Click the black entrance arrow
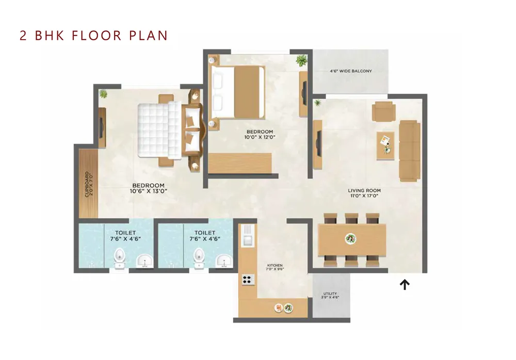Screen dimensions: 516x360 coord(405,285)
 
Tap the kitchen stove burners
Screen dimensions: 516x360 coord(249,280)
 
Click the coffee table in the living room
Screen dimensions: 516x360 coord(385,146)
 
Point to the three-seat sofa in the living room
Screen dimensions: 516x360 coord(409,151)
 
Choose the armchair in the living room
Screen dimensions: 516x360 coord(384,111)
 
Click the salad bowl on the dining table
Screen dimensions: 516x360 coord(351,239)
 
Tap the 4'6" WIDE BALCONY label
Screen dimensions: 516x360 coord(351,71)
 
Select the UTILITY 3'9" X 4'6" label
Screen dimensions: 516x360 coord(330,296)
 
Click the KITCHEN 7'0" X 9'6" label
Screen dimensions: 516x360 coord(275,267)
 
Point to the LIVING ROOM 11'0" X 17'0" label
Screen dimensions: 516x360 coord(364,193)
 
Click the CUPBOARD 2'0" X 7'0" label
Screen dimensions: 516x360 coord(89,184)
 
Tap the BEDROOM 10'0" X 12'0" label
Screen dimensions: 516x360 coord(260,134)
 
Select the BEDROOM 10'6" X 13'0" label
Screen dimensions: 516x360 coord(149,188)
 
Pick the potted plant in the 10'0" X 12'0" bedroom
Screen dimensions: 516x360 coord(301,60)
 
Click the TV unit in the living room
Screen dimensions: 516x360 coord(317,144)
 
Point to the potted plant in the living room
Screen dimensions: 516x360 coord(317,103)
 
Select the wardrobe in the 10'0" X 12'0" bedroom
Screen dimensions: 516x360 coord(240,163)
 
